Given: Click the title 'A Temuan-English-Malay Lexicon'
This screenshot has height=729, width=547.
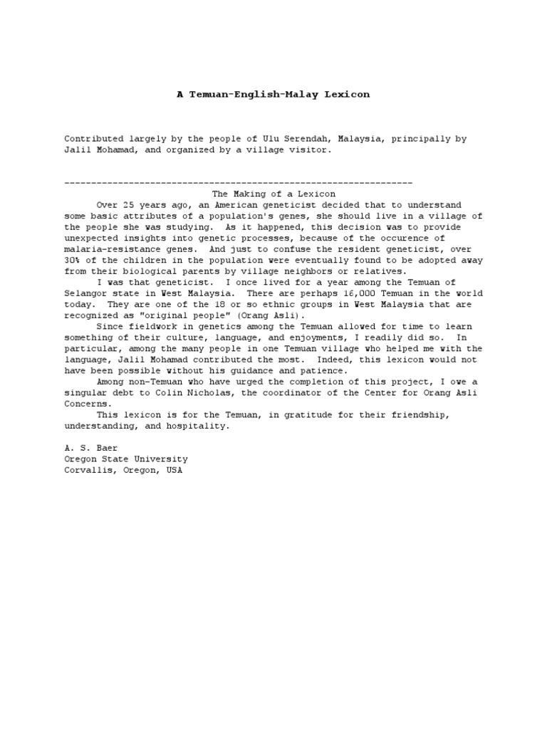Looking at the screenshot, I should coord(273,94).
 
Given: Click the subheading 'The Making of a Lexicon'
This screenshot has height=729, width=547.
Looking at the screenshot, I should coord(274,194).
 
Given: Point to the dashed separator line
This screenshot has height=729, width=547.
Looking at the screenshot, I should coord(239,183).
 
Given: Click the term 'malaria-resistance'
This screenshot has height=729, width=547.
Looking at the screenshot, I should coord(113,250).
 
